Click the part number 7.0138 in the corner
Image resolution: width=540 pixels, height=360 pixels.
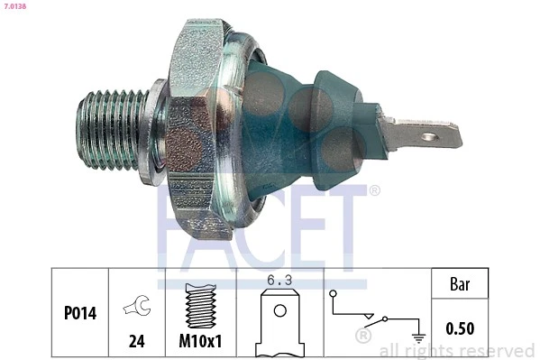(x=15, y=5)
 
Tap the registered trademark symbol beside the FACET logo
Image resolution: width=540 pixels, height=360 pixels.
(x=374, y=190)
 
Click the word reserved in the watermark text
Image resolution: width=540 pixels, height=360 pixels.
(x=500, y=350)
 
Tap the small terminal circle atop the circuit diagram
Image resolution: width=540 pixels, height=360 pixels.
(x=334, y=294)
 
